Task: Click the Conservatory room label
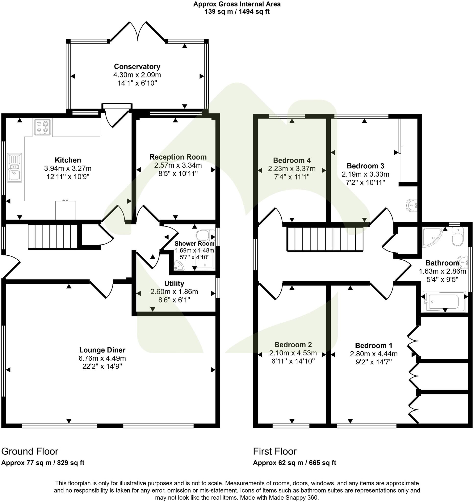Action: pyautogui.click(x=137, y=66)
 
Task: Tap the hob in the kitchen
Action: pyautogui.click(x=42, y=127)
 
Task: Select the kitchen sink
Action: pyautogui.click(x=14, y=167)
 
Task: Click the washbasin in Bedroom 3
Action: pyautogui.click(x=412, y=205)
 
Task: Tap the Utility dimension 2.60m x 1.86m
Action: pyautogui.click(x=174, y=292)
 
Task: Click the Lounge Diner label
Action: pyautogui.click(x=102, y=350)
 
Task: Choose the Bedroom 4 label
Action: pyautogui.click(x=292, y=160)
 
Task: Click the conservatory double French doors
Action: pyautogui.click(x=138, y=32)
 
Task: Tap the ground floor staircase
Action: pyautogui.click(x=52, y=237)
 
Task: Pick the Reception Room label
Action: pyautogui.click(x=178, y=157)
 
